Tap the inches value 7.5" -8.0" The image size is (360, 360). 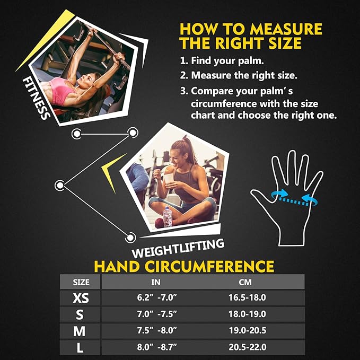(156, 331)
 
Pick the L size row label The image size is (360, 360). (80, 348)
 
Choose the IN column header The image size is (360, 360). (156, 282)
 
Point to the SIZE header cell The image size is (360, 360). (80, 282)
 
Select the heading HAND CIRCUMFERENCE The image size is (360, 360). (184, 266)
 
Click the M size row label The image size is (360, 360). (80, 331)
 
